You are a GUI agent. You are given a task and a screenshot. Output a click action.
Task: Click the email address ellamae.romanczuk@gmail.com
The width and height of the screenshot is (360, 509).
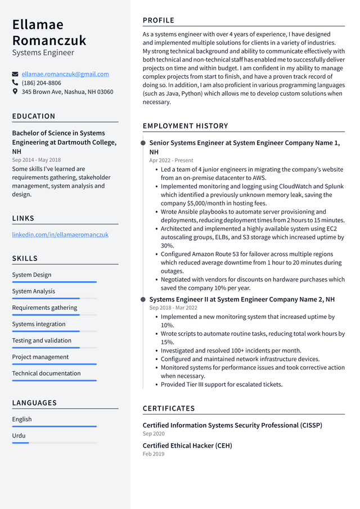(65, 74)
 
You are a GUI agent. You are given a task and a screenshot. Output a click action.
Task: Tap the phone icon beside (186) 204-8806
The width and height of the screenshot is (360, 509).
(15, 83)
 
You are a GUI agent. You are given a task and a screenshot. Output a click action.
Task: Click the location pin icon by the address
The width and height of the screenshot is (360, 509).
(15, 92)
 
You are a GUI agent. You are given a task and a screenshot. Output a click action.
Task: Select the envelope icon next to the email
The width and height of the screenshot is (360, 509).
(15, 74)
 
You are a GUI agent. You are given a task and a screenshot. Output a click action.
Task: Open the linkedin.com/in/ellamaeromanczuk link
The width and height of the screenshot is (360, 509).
(60, 235)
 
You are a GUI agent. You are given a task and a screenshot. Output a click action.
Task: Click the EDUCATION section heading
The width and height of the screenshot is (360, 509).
(34, 116)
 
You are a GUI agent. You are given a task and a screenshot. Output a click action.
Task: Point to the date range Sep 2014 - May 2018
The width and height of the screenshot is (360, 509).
(37, 160)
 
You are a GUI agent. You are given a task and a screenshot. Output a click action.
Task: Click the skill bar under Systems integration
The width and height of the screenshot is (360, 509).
(54, 331)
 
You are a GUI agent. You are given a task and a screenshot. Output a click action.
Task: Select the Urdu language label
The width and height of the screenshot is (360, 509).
(19, 435)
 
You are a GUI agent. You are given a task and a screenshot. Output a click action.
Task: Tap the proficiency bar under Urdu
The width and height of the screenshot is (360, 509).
(21, 443)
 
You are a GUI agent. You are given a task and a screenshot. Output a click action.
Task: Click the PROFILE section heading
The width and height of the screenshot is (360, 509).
(159, 20)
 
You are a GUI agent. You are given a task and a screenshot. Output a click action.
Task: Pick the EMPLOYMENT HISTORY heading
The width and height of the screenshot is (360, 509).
(186, 126)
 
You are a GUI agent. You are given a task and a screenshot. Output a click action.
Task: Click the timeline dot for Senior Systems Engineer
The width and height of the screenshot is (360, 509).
(143, 143)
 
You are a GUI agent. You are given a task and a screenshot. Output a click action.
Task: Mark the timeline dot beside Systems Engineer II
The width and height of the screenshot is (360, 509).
(143, 300)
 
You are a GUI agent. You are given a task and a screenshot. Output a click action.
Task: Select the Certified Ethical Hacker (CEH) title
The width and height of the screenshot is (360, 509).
(187, 445)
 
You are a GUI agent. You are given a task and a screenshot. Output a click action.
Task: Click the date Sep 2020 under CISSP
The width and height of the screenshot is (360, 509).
(154, 434)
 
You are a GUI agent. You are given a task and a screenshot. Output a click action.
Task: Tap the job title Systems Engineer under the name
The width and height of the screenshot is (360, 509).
(43, 53)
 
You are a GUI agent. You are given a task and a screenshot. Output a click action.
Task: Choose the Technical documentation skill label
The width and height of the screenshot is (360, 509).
(46, 373)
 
